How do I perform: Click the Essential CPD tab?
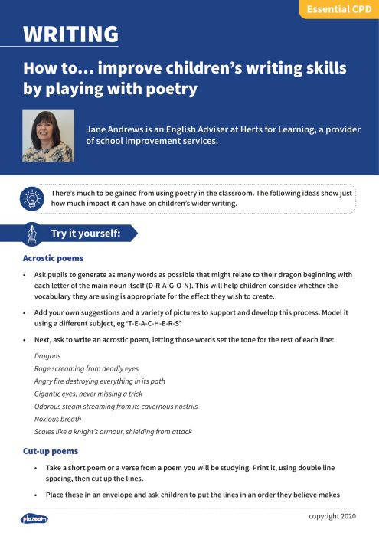coord(338,9)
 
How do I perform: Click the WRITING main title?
coord(70,34)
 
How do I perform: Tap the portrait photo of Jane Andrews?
coord(48,136)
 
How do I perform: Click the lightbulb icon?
coord(32,198)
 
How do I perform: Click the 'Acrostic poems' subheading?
coord(53,258)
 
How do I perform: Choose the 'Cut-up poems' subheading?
coord(51,451)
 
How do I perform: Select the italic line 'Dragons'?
coord(47,356)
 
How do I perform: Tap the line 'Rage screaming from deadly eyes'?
coord(87,368)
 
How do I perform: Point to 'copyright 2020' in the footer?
coord(333,515)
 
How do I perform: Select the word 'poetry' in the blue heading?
coord(174,89)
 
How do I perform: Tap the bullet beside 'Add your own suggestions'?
coord(25,312)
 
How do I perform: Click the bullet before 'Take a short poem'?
coord(36,467)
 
